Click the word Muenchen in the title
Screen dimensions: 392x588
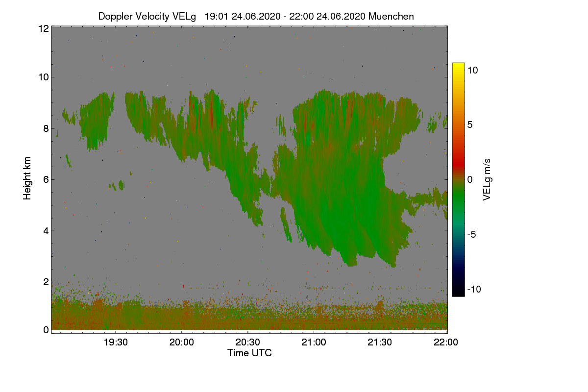point(391,16)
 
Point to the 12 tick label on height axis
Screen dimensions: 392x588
point(43,28)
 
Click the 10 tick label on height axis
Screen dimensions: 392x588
point(43,77)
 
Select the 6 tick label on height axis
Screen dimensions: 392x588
point(46,179)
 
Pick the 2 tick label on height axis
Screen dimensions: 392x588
point(46,282)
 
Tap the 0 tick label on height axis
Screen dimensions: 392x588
point(46,330)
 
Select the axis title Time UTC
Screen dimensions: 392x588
point(249,353)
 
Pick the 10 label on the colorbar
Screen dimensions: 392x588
point(473,70)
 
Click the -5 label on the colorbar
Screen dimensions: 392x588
point(473,234)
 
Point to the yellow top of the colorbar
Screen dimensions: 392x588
point(458,66)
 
